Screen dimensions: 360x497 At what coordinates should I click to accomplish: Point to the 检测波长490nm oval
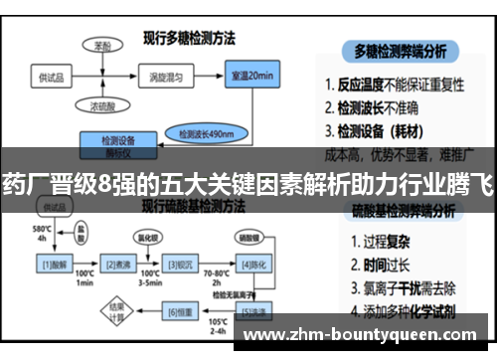(x=206, y=131)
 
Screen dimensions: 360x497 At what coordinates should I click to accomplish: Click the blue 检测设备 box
(x=119, y=144)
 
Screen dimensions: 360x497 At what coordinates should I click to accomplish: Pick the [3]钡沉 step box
(x=179, y=265)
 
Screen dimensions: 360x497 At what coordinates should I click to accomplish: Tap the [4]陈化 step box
(x=250, y=265)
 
